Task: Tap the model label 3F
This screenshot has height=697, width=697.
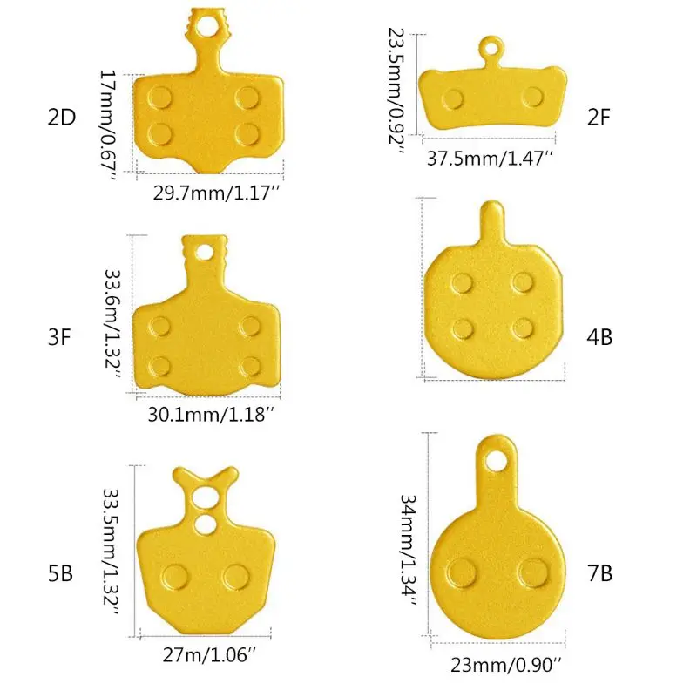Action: [x=59, y=336]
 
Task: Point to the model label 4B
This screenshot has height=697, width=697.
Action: [x=600, y=336]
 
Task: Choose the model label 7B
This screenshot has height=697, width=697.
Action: [x=600, y=573]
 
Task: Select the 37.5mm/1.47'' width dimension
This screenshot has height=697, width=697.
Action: [x=491, y=158]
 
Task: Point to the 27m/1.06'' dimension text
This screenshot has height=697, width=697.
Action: [x=209, y=650]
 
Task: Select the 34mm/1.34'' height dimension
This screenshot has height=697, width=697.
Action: [x=408, y=551]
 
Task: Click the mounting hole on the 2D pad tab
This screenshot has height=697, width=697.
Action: [x=207, y=27]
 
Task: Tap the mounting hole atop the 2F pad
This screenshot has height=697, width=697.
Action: [x=491, y=48]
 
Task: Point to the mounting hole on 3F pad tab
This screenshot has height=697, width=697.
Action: [x=206, y=253]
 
